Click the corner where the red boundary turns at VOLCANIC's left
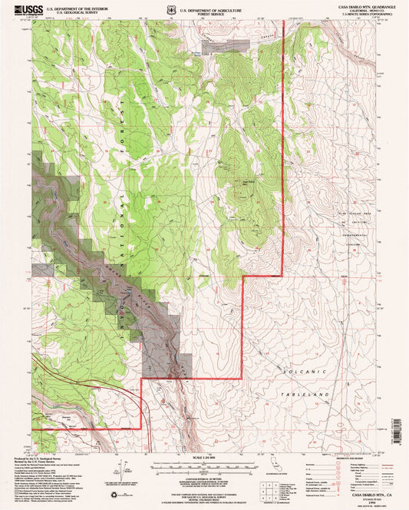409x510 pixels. (242, 377)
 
